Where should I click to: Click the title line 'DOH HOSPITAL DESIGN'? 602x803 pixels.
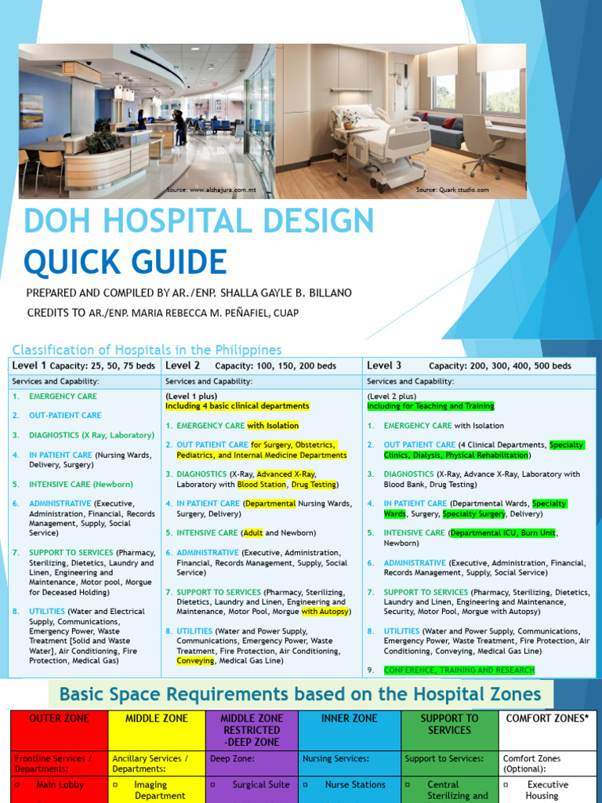click(199, 221)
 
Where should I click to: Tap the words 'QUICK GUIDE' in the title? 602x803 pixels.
click(125, 261)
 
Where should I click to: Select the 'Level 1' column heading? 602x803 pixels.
click(29, 365)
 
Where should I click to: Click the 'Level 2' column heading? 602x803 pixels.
click(183, 365)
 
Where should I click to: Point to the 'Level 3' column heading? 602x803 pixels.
click(384, 365)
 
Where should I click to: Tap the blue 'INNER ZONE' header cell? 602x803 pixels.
click(350, 718)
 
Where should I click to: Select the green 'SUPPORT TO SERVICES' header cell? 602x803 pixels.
click(449, 724)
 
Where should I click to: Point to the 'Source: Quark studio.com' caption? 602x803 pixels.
click(452, 190)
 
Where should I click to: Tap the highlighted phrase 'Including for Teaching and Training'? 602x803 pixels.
click(430, 406)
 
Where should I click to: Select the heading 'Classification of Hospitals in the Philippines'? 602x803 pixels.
click(146, 350)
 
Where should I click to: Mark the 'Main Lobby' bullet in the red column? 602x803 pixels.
click(60, 784)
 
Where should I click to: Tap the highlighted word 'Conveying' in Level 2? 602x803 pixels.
click(195, 660)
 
